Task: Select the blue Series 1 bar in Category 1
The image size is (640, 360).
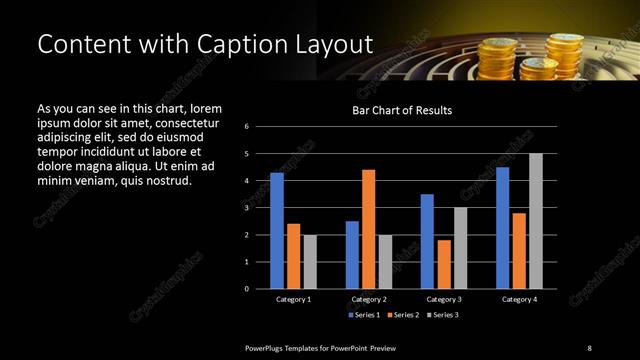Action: (x=277, y=230)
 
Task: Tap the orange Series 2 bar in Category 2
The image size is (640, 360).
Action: (x=368, y=228)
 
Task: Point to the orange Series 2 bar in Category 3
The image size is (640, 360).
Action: (x=444, y=264)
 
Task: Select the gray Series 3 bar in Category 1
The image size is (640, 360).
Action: (x=310, y=261)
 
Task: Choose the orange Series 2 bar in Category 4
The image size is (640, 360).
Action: (x=519, y=250)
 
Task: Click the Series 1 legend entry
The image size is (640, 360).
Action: (x=363, y=314)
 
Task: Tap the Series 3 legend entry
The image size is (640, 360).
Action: (x=445, y=314)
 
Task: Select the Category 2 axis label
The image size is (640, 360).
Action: (x=369, y=299)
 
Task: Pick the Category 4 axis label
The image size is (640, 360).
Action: (x=518, y=299)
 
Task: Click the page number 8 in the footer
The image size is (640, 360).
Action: (x=589, y=347)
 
